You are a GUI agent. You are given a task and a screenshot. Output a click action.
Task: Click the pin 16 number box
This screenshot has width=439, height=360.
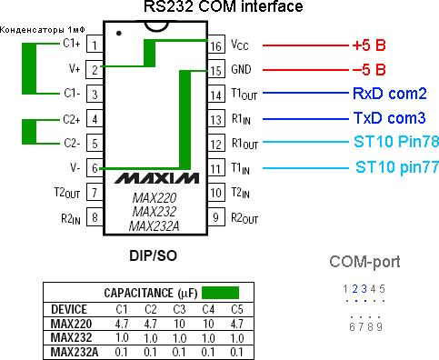click(215, 45)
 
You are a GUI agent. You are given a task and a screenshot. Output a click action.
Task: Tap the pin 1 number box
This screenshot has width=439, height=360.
click(95, 44)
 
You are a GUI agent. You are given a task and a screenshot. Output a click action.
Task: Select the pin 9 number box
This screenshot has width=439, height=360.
click(215, 217)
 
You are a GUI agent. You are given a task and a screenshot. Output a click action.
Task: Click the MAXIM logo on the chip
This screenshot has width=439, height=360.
click(155, 175)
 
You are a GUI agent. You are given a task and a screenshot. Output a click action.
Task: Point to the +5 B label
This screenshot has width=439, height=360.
click(369, 45)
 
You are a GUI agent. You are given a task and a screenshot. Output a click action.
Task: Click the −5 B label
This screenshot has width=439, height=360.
click(369, 69)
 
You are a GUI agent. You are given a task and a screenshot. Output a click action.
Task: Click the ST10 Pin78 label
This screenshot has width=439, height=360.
click(390, 143)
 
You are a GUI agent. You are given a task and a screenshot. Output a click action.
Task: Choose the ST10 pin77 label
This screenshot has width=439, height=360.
click(391, 167)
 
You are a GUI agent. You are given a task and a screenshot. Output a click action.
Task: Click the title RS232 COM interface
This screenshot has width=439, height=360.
click(224, 8)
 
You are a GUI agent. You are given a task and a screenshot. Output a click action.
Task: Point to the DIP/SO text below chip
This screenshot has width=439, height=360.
click(154, 257)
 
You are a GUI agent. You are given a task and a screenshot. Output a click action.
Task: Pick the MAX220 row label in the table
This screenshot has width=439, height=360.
click(73, 323)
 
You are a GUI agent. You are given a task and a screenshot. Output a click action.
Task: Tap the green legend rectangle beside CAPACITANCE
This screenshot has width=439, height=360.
click(221, 293)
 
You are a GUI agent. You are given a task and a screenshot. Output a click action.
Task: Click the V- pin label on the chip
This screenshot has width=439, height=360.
click(74, 168)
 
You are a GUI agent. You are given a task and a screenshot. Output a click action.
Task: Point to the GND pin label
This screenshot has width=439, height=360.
click(240, 69)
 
